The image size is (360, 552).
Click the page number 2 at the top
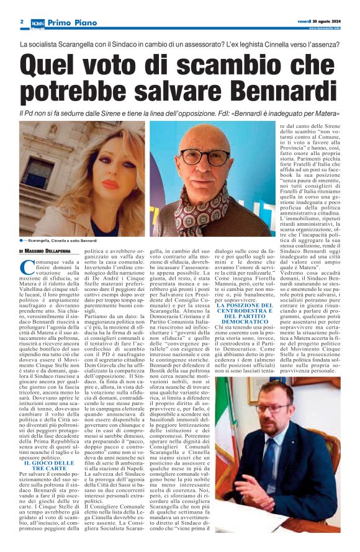(22, 22)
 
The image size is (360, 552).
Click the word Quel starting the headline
(53, 65)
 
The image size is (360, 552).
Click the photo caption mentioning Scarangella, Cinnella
(62, 239)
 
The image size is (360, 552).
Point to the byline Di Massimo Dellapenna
(46, 251)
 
